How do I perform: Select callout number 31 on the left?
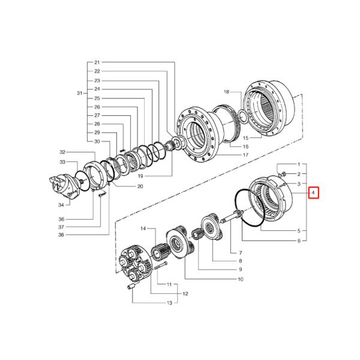tap(79, 93)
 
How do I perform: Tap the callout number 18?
tap(226, 92)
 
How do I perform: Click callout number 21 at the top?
tap(97, 63)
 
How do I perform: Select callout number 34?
tap(61, 205)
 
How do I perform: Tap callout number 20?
tap(140, 187)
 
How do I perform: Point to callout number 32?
tap(62, 152)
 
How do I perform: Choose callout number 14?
tap(143, 228)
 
